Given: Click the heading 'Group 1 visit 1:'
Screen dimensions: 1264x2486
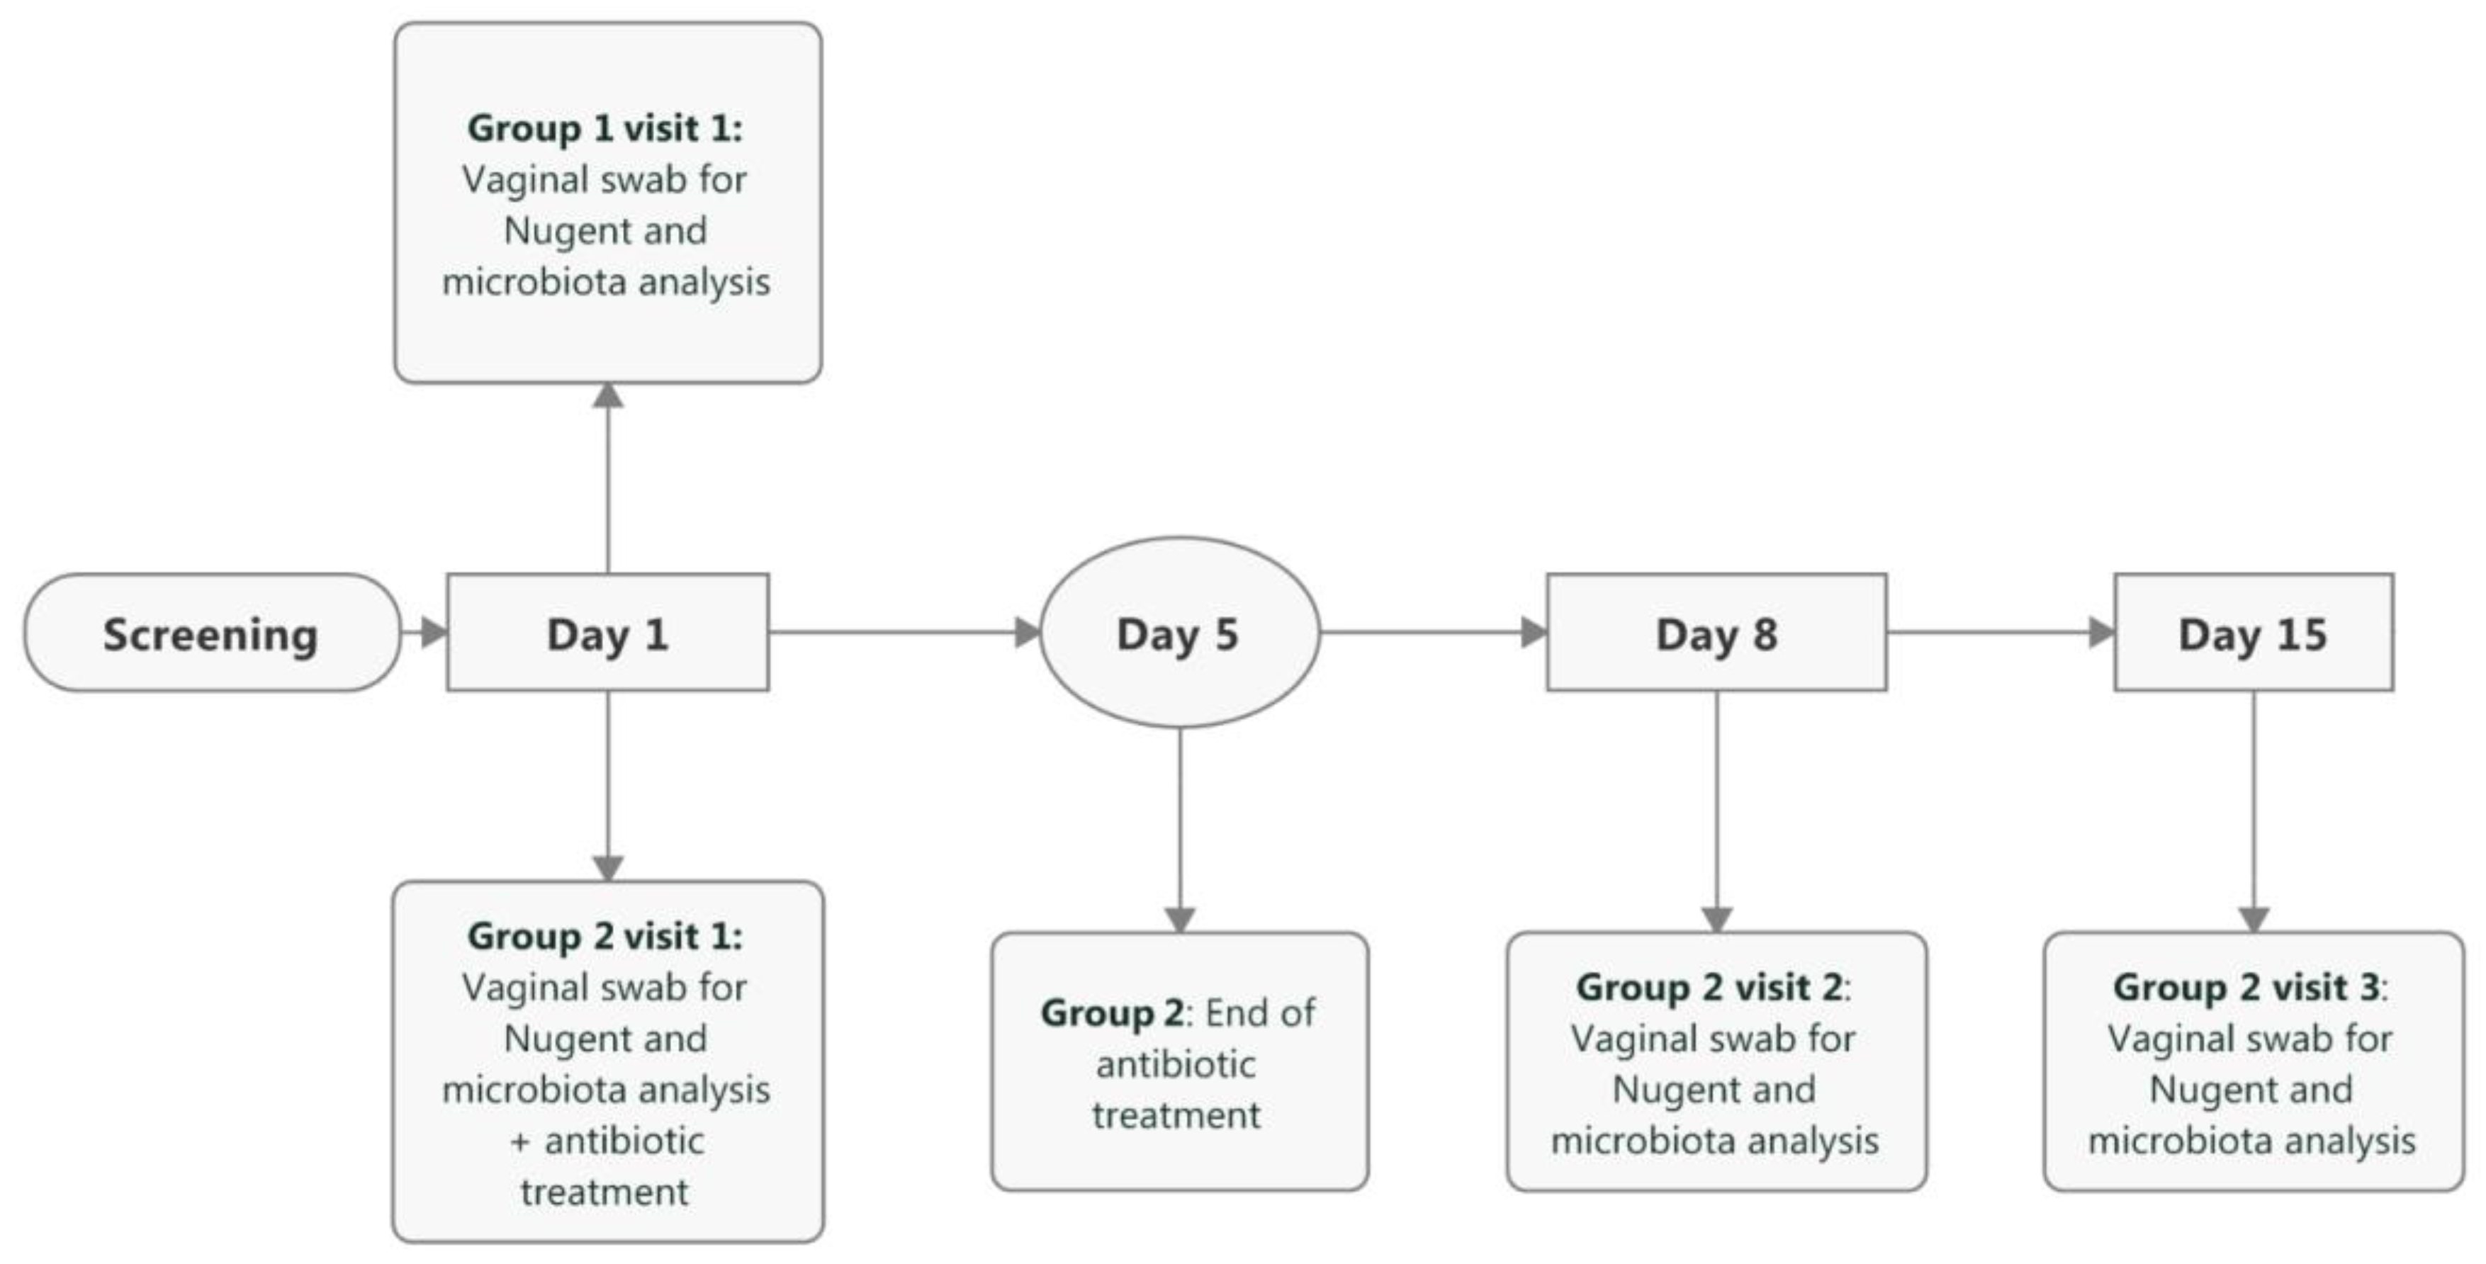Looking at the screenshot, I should (x=605, y=128).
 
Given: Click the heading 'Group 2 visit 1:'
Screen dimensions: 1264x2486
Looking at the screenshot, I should (x=605, y=936).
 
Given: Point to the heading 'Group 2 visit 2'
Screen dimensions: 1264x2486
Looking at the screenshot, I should (x=1708, y=987).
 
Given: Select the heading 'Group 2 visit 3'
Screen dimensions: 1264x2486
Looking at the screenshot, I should (x=2246, y=987).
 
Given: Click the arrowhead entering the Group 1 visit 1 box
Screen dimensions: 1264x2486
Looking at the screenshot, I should (x=608, y=395).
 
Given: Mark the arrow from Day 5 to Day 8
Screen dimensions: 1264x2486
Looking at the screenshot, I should (x=1433, y=633).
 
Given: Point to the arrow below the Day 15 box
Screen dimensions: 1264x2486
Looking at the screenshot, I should (x=2254, y=811).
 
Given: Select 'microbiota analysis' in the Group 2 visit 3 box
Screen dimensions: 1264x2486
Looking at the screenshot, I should (x=2251, y=1141).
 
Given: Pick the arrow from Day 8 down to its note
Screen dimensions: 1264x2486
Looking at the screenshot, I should (x=1716, y=811).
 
